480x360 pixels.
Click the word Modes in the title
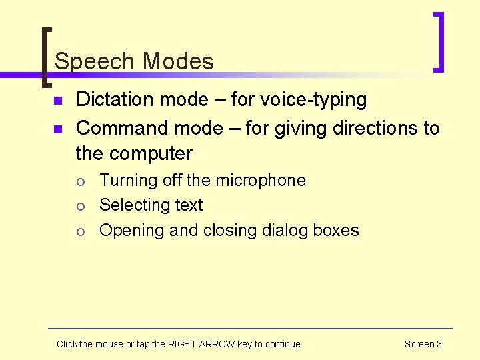pyautogui.click(x=178, y=62)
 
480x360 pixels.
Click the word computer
pyautogui.click(x=151, y=153)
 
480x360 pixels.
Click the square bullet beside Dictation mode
pyautogui.click(x=58, y=101)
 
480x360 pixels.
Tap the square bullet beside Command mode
pyautogui.click(x=58, y=128)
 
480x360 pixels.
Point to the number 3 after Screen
pyautogui.click(x=439, y=344)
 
